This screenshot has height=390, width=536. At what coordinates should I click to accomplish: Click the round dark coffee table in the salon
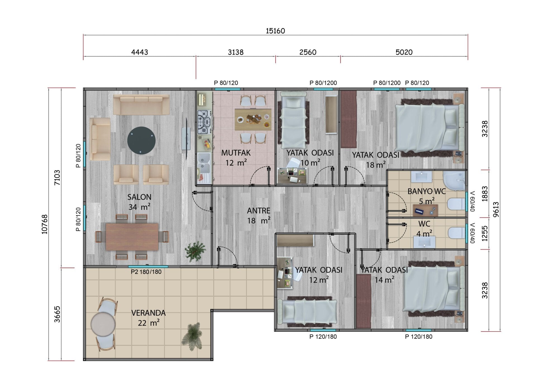[x=142, y=141]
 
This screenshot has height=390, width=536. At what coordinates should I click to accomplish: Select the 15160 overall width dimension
[x=275, y=31]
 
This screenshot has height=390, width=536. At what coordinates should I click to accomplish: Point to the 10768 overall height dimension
[x=45, y=224]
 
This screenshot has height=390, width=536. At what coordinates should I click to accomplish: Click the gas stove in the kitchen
[x=204, y=122]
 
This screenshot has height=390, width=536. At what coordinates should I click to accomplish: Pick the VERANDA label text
[x=149, y=313]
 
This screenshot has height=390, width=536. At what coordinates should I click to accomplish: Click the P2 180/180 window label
[x=146, y=272]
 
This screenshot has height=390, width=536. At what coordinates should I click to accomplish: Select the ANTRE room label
[x=259, y=211]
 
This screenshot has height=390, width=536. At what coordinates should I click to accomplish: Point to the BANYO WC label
[x=427, y=191]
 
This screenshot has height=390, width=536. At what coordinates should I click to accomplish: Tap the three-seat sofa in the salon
[x=141, y=105]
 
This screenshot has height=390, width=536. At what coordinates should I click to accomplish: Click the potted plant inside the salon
[x=195, y=251]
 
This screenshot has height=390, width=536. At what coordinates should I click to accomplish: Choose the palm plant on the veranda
[x=192, y=336]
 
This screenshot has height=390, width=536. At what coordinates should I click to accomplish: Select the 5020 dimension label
[x=404, y=52]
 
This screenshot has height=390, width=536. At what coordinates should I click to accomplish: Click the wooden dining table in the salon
[x=132, y=237]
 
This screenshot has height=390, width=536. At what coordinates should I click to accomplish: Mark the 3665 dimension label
[x=57, y=314]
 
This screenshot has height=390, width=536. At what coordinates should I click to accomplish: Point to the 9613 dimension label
[x=496, y=209]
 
